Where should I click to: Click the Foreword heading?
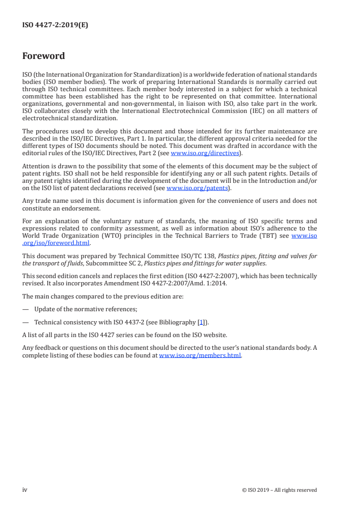[x=44, y=56]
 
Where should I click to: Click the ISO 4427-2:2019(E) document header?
[x=55, y=25]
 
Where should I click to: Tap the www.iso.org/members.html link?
[x=200, y=356]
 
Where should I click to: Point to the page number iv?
[x=25, y=489]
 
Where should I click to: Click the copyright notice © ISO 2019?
[x=280, y=490]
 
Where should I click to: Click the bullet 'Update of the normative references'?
[x=86, y=309]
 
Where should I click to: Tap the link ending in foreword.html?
[x=56, y=243]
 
